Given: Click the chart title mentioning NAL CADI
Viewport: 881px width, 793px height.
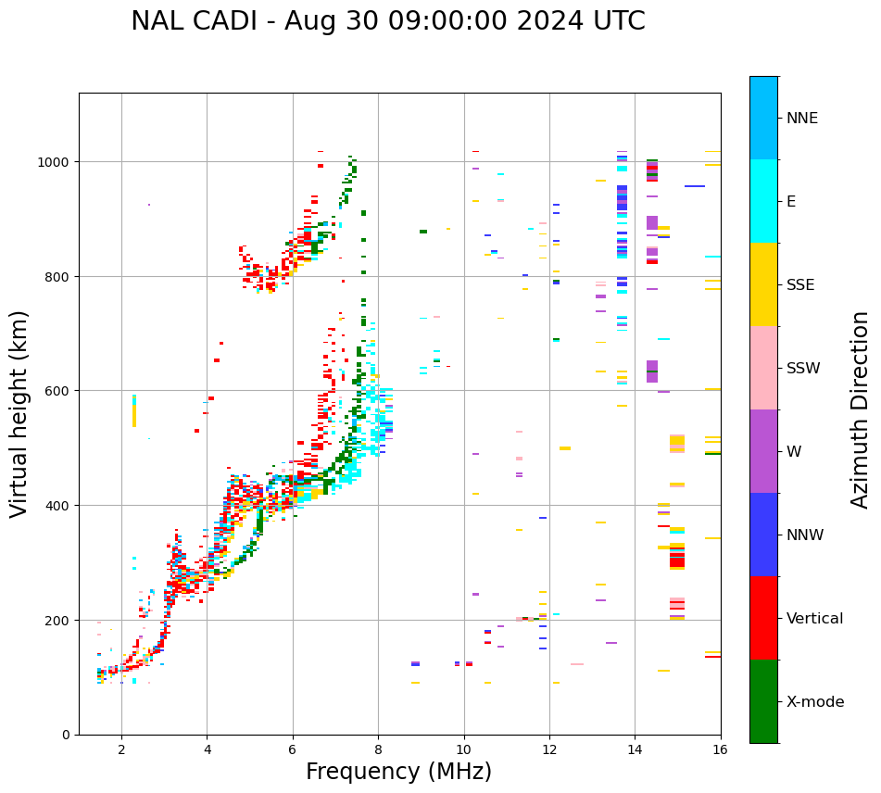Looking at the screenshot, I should (x=387, y=21).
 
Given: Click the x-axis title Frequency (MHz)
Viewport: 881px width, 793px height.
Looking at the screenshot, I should (x=398, y=772).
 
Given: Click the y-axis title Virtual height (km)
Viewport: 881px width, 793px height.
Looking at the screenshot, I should (x=19, y=413).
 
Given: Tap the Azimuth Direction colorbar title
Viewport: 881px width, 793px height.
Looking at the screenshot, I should (x=861, y=409).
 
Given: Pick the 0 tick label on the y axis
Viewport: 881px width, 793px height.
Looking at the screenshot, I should (x=66, y=735).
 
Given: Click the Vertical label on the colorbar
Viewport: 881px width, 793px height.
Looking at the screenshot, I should (x=814, y=619).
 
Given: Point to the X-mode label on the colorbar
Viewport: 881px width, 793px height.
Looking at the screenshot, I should (x=815, y=702).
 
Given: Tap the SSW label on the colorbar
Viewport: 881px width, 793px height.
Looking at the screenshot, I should (x=802, y=369).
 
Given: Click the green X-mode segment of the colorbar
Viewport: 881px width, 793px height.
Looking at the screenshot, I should (x=763, y=701).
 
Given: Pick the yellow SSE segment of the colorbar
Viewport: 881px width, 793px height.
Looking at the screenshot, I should (x=763, y=284).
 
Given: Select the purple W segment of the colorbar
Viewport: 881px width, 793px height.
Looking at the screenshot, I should (x=763, y=451).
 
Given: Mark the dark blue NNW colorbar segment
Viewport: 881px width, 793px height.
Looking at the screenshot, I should (x=763, y=535).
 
